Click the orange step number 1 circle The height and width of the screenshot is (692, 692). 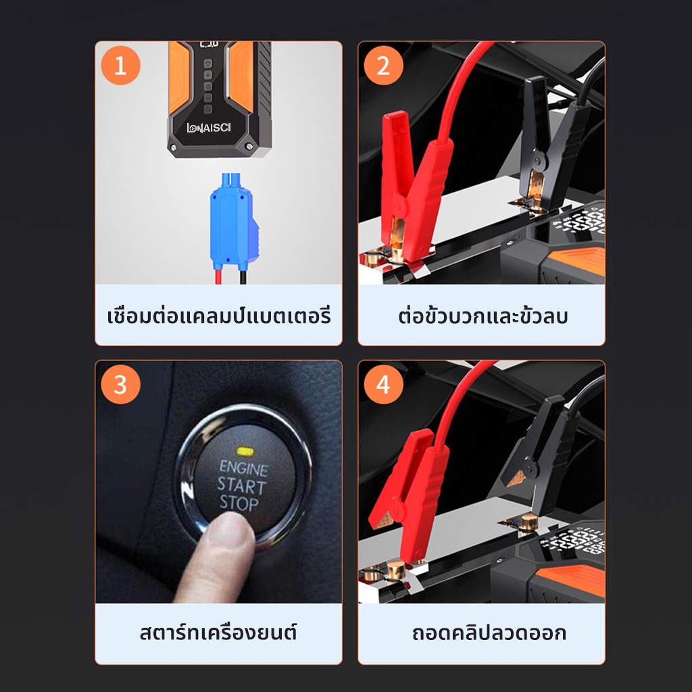pyautogui.click(x=120, y=66)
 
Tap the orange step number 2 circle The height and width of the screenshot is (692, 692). pyautogui.click(x=384, y=66)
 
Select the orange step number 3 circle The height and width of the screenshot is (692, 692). pyautogui.click(x=120, y=385)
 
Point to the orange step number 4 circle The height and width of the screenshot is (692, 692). pyautogui.click(x=384, y=385)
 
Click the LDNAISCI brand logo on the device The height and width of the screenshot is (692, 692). pyautogui.click(x=209, y=128)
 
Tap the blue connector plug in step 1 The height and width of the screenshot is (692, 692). pyautogui.click(x=233, y=222)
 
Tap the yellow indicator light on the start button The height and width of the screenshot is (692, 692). pyautogui.click(x=244, y=451)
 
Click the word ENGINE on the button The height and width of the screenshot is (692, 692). pyautogui.click(x=244, y=468)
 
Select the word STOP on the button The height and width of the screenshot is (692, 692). pyautogui.click(x=239, y=503)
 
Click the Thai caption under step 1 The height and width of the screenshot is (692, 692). pyautogui.click(x=219, y=316)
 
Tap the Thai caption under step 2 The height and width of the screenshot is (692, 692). pyautogui.click(x=483, y=316)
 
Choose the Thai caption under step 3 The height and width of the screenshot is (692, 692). pyautogui.click(x=218, y=632)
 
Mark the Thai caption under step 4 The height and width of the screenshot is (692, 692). pyautogui.click(x=489, y=633)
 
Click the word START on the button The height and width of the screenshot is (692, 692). pyautogui.click(x=241, y=485)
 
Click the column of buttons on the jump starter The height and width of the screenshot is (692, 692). pyautogui.click(x=208, y=86)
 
